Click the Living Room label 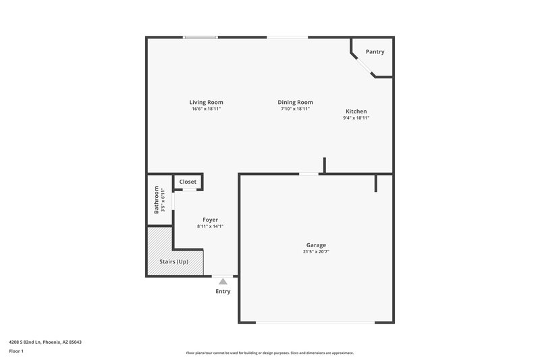pyautogui.click(x=206, y=102)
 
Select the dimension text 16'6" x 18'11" pyautogui.click(x=206, y=109)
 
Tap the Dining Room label pyautogui.click(x=295, y=102)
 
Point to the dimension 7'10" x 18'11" pyautogui.click(x=295, y=109)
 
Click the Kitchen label pyautogui.click(x=356, y=111)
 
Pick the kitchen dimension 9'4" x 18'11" pyautogui.click(x=356, y=118)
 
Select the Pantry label pyautogui.click(x=375, y=52)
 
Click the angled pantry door pyautogui.click(x=362, y=65)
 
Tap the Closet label pyautogui.click(x=188, y=182)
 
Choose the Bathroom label pyautogui.click(x=157, y=199)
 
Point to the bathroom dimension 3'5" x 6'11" pyautogui.click(x=163, y=199)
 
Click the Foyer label pyautogui.click(x=210, y=220)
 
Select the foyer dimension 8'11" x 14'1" pyautogui.click(x=210, y=227)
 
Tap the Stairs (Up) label pyautogui.click(x=173, y=261)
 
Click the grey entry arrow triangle pyautogui.click(x=223, y=281)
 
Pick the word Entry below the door pyautogui.click(x=223, y=292)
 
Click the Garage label pyautogui.click(x=316, y=245)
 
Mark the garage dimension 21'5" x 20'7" pyautogui.click(x=316, y=251)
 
